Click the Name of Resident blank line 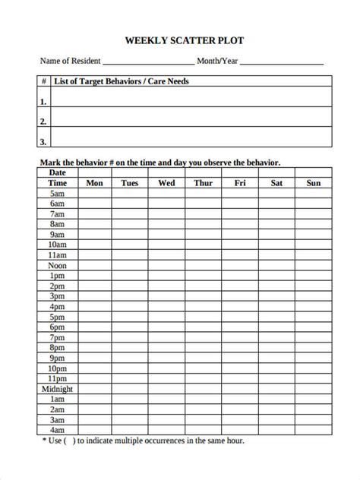pos(147,62)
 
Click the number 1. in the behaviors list pos(43,101)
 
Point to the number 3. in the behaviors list pos(43,141)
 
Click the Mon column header pos(95,183)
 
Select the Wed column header pos(166,183)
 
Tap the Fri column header pos(240,183)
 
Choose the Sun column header pos(313,183)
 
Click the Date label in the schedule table pos(58,172)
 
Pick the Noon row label pos(58,266)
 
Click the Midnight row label pos(58,389)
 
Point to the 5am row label pos(58,194)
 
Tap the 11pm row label pos(58,378)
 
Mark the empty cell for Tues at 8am pos(130,225)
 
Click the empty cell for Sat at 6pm pos(276,327)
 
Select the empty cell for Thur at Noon pos(203,266)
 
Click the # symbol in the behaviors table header pos(43,81)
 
